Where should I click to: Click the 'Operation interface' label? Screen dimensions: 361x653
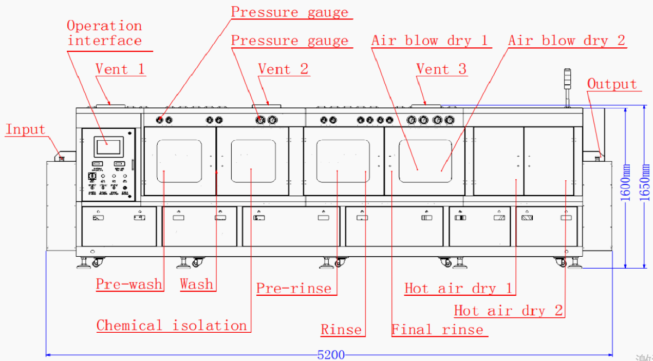104,33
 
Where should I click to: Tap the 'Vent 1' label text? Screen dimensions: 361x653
120,69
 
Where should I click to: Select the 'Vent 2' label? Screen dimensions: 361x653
283,69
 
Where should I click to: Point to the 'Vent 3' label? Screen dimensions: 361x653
441,69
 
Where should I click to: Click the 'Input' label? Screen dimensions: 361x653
25,129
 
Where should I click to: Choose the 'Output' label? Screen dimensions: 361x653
612,84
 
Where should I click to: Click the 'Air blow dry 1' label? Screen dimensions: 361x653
430,41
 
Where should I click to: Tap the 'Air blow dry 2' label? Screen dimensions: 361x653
567,41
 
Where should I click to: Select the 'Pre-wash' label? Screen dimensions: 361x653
129,284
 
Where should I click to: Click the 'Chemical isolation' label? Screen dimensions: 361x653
172,326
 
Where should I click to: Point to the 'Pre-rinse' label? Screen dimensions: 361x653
294,288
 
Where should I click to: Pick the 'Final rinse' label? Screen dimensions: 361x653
437,330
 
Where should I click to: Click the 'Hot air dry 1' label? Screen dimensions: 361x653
458,288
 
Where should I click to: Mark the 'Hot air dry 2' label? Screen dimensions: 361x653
508,311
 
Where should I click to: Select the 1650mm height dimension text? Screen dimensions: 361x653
646,182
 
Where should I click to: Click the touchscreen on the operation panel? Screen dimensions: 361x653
107,147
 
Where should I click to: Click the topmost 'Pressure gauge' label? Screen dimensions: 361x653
289,12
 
